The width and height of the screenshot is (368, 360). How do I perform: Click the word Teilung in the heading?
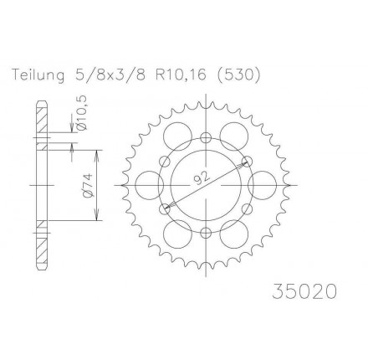(x=38, y=75)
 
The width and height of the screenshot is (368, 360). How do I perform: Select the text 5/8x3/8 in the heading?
(x=109, y=75)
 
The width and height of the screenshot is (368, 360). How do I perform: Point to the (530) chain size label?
(x=238, y=75)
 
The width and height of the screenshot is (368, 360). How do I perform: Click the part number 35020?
(x=304, y=291)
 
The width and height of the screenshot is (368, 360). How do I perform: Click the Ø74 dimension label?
(x=87, y=186)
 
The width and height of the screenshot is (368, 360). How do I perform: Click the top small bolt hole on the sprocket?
(x=206, y=137)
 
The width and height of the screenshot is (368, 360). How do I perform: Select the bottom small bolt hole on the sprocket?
(x=206, y=232)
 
